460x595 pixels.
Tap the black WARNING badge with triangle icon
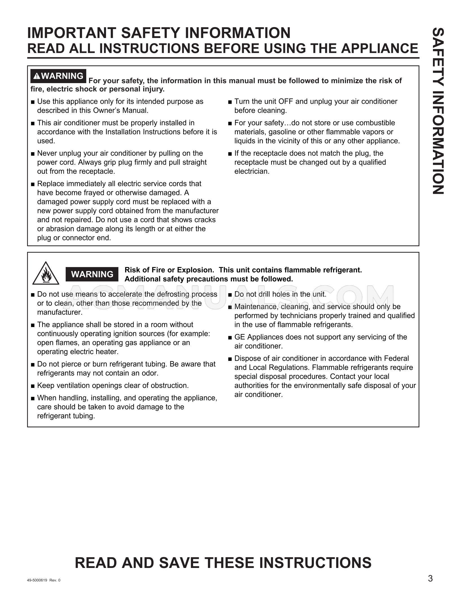pos(58,76)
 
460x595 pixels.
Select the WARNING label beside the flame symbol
pos(92,274)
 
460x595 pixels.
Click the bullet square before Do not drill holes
pos(230,295)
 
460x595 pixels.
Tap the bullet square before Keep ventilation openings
pos(33,386)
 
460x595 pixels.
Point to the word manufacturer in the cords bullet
pos(197,211)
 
